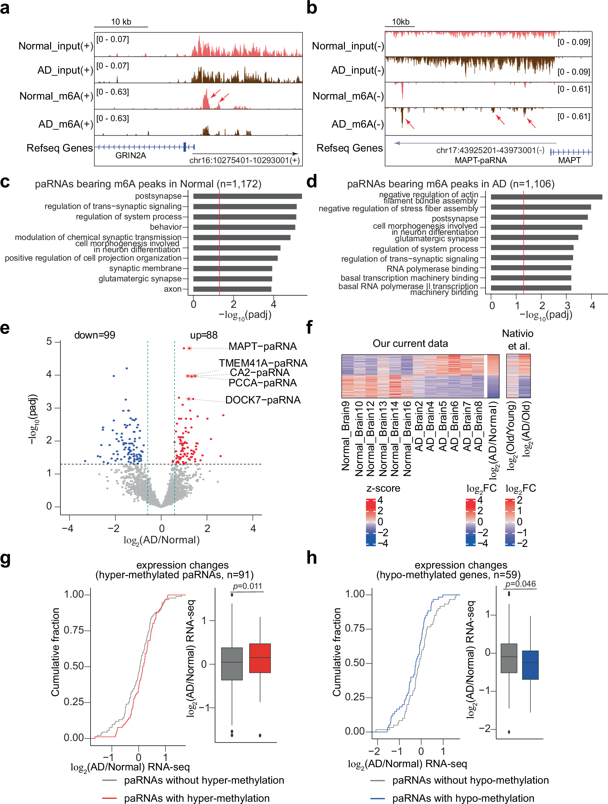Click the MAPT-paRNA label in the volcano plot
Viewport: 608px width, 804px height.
coord(262,346)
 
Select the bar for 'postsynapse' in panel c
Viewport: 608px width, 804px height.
coord(247,196)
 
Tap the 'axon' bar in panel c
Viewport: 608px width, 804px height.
coord(232,289)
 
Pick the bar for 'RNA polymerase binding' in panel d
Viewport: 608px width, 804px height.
coord(530,268)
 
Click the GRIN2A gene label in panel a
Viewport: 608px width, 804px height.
coord(131,156)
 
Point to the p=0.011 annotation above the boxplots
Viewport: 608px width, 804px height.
coord(247,586)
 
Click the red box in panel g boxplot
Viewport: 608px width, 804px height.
coord(260,658)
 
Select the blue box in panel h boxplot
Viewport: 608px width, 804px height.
coord(530,665)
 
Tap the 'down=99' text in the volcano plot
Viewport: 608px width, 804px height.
coord(94,335)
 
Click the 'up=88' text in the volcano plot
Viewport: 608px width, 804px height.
coord(204,335)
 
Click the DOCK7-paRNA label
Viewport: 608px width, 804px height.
coord(262,400)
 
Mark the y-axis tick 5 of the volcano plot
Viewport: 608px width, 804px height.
coord(49,341)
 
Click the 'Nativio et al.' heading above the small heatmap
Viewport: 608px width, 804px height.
coord(518,339)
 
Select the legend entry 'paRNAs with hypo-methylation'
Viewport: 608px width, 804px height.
coord(463,798)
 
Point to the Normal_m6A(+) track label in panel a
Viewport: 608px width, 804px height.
coord(56,96)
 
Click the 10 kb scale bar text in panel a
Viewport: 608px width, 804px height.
coord(121,22)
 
